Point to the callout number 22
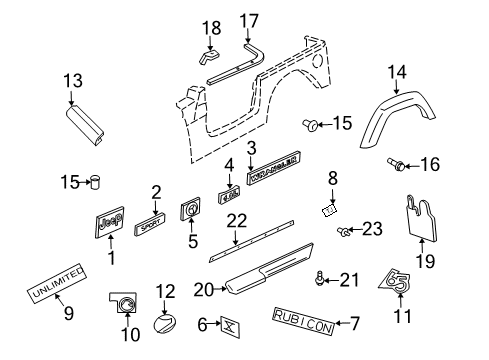pyautogui.click(x=236, y=248)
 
